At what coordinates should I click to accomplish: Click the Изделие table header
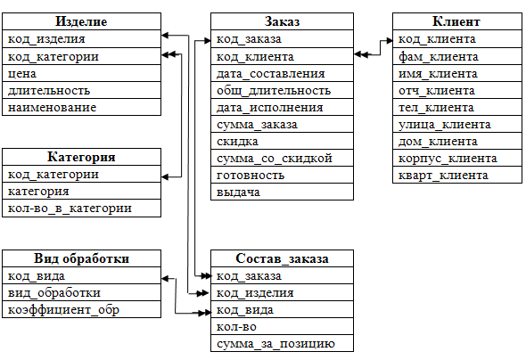(x=81, y=21)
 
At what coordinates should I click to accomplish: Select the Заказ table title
(x=282, y=21)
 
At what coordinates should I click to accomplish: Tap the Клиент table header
(x=456, y=21)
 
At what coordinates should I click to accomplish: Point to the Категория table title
(x=81, y=157)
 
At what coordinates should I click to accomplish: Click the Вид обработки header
(x=81, y=258)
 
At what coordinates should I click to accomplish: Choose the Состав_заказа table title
(x=282, y=258)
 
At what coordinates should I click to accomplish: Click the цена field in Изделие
(x=22, y=74)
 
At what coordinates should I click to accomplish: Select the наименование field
(x=52, y=108)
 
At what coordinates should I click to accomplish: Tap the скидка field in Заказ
(x=237, y=142)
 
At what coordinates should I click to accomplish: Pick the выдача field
(x=238, y=192)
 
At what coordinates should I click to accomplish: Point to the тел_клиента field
(x=436, y=108)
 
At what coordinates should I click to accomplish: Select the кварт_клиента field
(x=443, y=176)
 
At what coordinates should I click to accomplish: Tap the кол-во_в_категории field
(x=70, y=209)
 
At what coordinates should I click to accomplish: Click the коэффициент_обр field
(x=63, y=310)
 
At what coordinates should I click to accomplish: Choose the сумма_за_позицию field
(x=275, y=344)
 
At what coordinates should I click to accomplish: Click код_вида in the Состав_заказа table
(x=245, y=310)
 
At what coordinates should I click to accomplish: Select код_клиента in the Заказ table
(x=255, y=57)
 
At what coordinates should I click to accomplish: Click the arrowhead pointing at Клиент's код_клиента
(x=390, y=41)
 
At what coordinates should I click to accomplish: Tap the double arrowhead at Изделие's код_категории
(x=168, y=54)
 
